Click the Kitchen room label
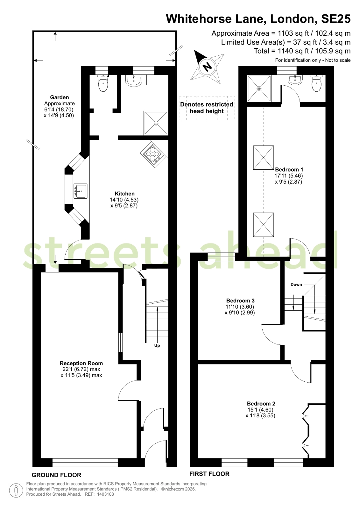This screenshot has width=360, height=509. [124, 194]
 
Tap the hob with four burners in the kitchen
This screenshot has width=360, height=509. [154, 155]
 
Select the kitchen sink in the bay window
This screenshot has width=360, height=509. [80, 191]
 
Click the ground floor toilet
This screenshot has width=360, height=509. [103, 82]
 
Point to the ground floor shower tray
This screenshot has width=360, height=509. [156, 123]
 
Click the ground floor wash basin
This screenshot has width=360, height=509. [134, 80]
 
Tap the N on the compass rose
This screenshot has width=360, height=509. [207, 67]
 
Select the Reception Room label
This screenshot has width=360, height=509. [81, 363]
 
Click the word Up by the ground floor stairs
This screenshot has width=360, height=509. [157, 346]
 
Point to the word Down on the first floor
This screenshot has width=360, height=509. [296, 285]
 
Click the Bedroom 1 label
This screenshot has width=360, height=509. [289, 170]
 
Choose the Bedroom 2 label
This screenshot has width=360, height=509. [261, 404]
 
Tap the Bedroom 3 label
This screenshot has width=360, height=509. [240, 300]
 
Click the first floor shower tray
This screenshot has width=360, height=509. [259, 88]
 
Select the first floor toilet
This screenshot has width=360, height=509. [317, 83]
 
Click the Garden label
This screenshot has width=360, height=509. [59, 97]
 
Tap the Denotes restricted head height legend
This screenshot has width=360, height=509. [207, 108]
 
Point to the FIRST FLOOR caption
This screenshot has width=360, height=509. [209, 474]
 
